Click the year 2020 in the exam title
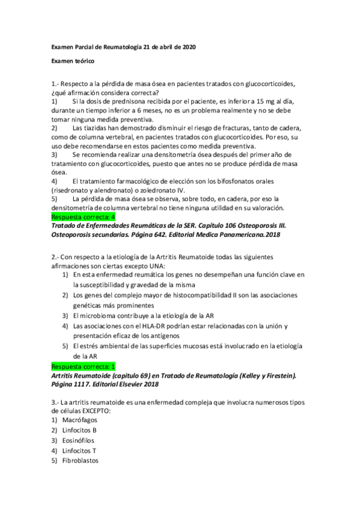(x=186, y=47)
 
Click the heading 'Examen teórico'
(x=72, y=61)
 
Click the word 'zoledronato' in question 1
(x=142, y=190)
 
